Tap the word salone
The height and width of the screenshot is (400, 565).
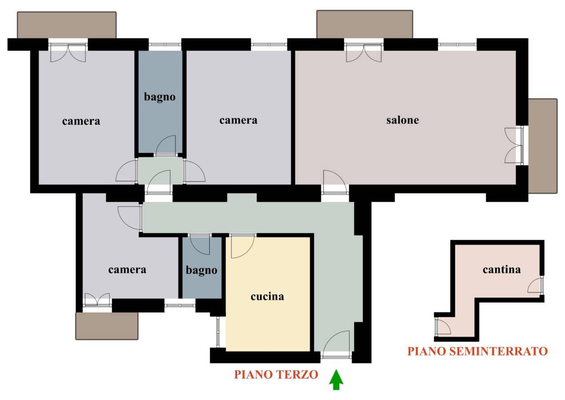[402, 120]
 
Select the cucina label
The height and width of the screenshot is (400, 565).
[267, 296]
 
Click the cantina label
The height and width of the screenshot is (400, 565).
[501, 269]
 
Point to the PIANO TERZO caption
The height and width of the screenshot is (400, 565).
[276, 375]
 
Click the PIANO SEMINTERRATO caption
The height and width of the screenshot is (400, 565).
[477, 351]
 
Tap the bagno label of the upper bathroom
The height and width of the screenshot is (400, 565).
[159, 97]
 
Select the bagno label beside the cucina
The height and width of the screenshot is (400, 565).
[202, 270]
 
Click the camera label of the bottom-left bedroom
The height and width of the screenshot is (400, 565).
[127, 270]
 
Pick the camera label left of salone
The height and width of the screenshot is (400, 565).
[239, 120]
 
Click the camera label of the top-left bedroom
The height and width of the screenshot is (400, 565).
[81, 121]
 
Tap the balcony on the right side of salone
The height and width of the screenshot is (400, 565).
[543, 146]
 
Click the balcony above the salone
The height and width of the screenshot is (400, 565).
[365, 24]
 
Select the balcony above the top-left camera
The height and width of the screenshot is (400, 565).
[67, 25]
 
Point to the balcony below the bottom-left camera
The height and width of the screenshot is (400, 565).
[107, 326]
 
